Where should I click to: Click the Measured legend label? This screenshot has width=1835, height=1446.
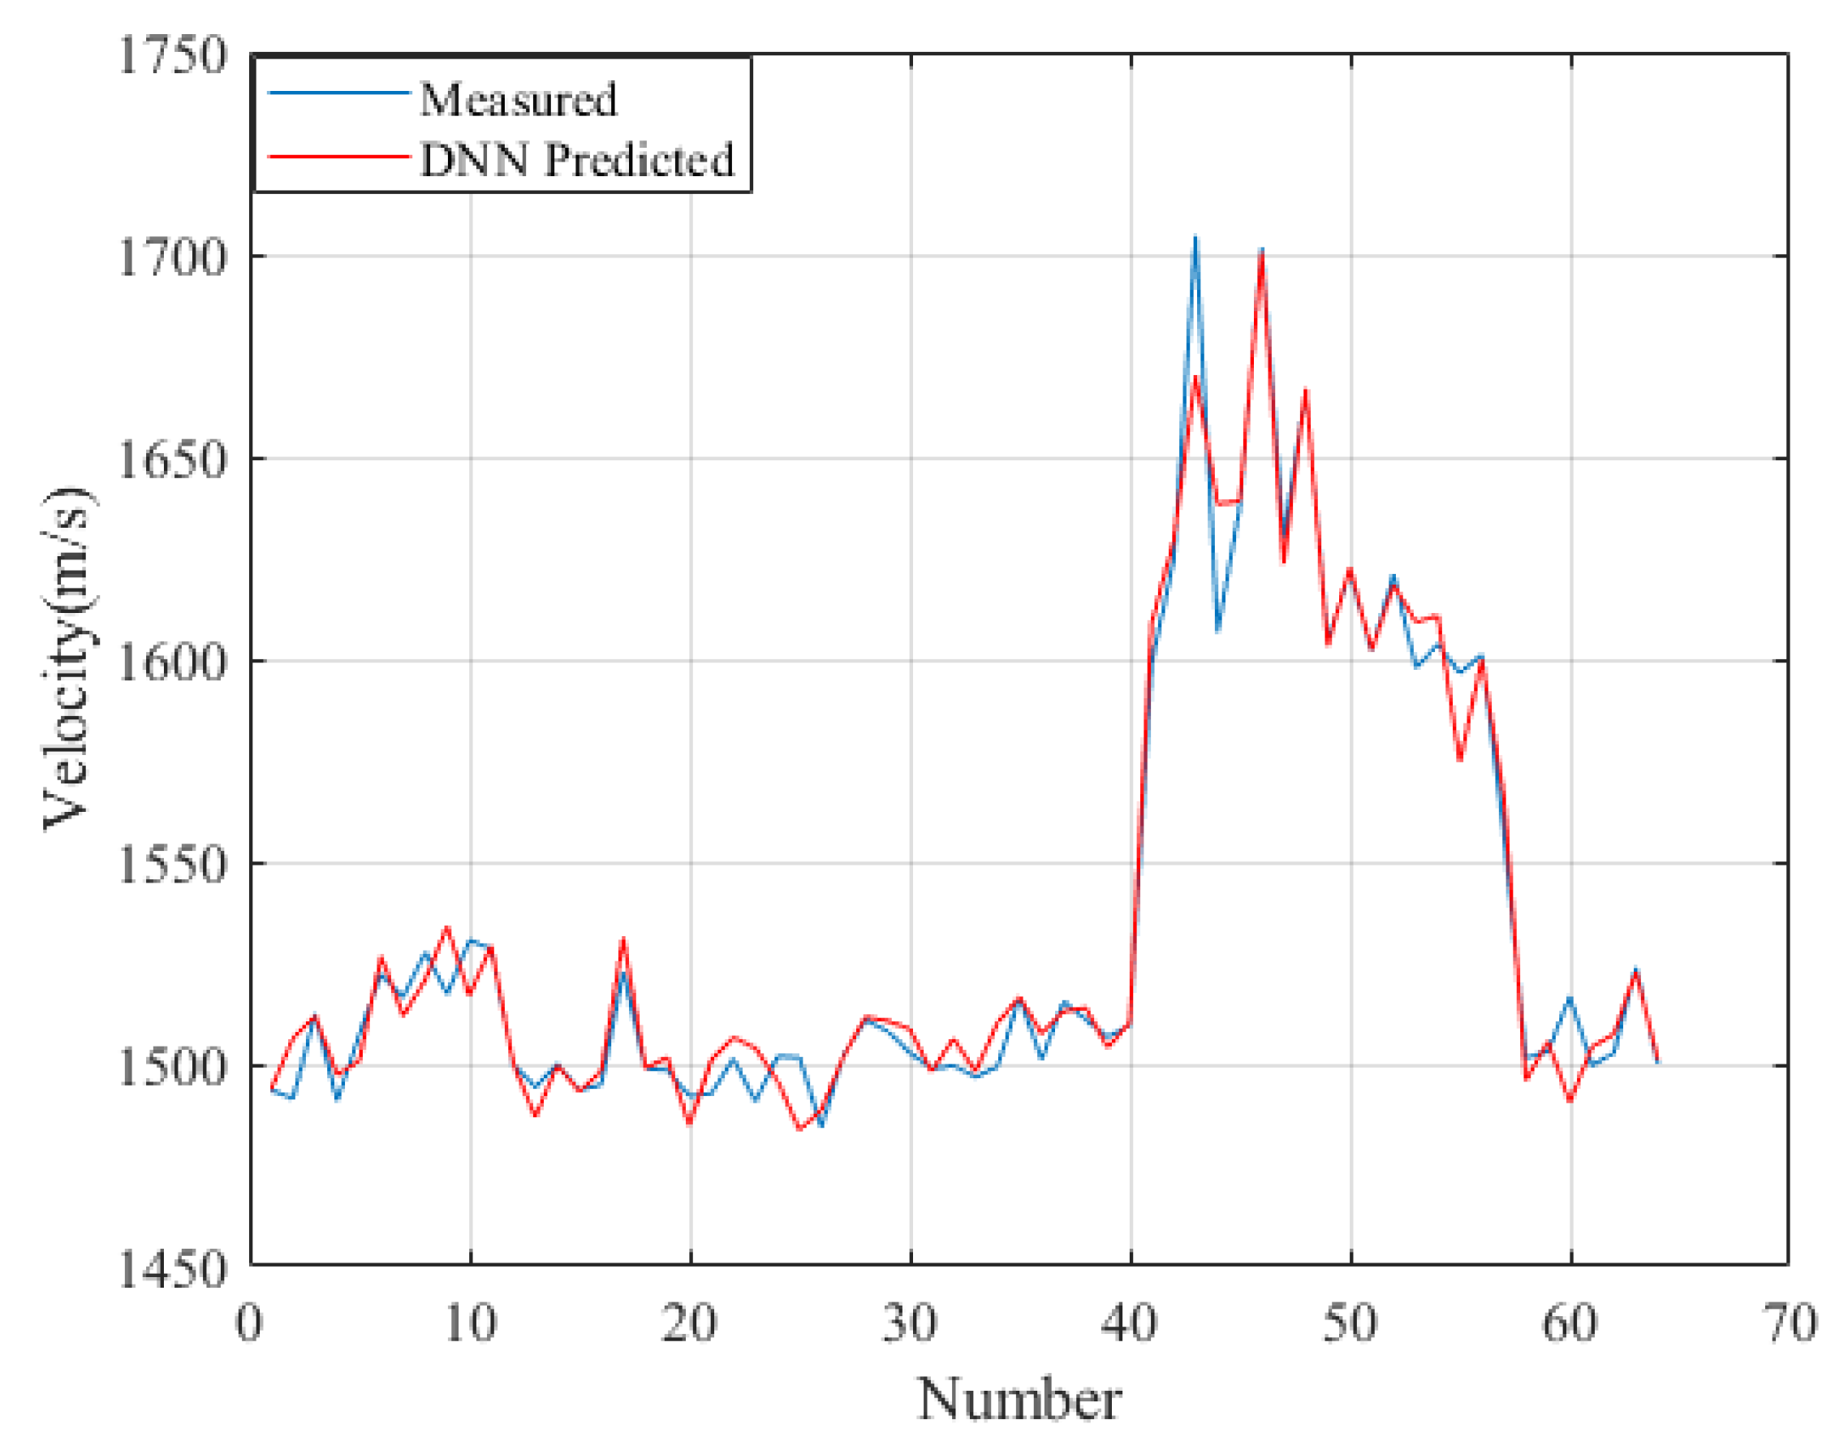(518, 100)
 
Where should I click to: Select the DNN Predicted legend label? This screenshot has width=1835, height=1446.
(577, 160)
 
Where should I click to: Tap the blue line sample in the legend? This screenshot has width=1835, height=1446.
(338, 93)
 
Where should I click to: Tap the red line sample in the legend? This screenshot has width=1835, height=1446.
(338, 157)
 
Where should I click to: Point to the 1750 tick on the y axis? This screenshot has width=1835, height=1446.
(173, 57)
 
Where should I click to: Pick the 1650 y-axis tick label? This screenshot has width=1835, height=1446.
(173, 460)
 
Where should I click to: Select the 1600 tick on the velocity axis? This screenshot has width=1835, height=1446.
(173, 662)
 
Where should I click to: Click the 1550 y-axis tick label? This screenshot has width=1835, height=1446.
(173, 865)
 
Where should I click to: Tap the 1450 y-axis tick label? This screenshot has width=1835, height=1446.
(173, 1269)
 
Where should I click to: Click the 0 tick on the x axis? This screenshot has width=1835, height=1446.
(249, 1323)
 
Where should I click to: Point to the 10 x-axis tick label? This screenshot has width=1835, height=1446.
(470, 1323)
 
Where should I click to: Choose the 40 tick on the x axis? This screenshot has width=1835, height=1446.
(1130, 1323)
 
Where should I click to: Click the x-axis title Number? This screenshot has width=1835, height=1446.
(1020, 1400)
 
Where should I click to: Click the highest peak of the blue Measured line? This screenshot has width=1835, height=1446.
(1195, 237)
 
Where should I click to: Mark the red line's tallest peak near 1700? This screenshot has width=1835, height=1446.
(1262, 253)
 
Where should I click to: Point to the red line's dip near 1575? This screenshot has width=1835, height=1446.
(1460, 759)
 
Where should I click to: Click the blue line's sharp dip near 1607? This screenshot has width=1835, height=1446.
(1218, 632)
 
